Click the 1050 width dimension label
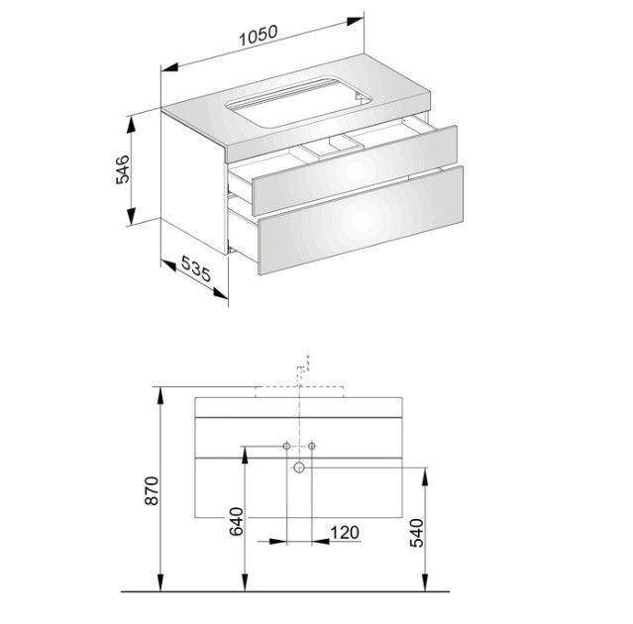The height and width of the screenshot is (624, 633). pyautogui.click(x=259, y=36)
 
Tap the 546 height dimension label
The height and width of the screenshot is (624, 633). pyautogui.click(x=123, y=169)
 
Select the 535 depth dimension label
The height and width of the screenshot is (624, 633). pyautogui.click(x=196, y=268)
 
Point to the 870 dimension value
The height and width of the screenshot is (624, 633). pyautogui.click(x=153, y=490)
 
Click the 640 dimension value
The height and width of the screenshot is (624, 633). pyautogui.click(x=236, y=521)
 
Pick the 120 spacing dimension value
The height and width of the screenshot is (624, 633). pyautogui.click(x=345, y=532)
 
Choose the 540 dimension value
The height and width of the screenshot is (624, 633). pyautogui.click(x=417, y=533)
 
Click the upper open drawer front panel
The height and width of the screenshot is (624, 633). pyautogui.click(x=355, y=170)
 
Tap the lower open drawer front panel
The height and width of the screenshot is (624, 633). pyautogui.click(x=361, y=220)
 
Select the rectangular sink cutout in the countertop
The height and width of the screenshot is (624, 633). pyautogui.click(x=298, y=101)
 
